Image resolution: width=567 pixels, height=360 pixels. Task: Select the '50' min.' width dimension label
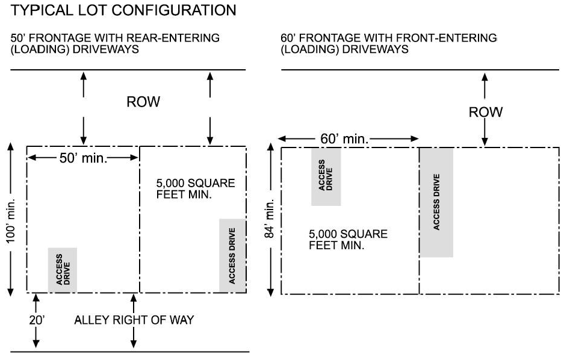84,158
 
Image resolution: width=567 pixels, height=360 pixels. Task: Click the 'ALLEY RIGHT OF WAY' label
134,320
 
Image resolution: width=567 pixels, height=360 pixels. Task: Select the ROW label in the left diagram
143,102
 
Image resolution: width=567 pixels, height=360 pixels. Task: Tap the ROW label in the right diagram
485,112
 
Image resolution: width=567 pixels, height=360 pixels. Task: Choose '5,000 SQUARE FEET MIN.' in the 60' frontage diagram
348,240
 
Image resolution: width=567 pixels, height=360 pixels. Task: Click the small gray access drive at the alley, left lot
63,271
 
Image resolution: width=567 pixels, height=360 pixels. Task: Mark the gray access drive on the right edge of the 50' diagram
232,256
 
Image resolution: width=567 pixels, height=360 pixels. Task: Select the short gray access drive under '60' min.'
326,176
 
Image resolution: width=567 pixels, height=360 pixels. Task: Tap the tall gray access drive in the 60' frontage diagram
436,202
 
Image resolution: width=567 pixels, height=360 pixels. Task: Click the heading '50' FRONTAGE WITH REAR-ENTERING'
115,39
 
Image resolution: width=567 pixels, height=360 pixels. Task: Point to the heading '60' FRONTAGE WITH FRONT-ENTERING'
389,39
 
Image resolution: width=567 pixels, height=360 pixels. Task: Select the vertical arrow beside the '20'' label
36,321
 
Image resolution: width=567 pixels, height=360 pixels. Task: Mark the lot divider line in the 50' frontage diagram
140,220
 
